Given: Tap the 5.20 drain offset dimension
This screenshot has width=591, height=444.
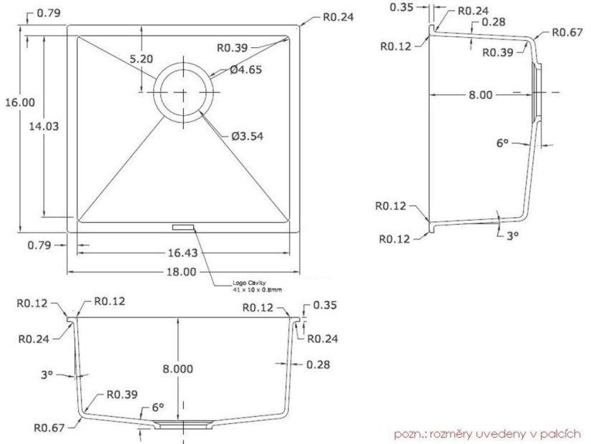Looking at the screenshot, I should click(142, 59).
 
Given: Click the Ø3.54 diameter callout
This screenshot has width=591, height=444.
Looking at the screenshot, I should click(247, 136).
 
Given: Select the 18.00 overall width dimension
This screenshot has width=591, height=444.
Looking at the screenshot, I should click(181, 271).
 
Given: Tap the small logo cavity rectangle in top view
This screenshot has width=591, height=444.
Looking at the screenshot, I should click(182, 226).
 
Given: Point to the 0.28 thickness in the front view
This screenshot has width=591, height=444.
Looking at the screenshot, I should click(317, 365).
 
